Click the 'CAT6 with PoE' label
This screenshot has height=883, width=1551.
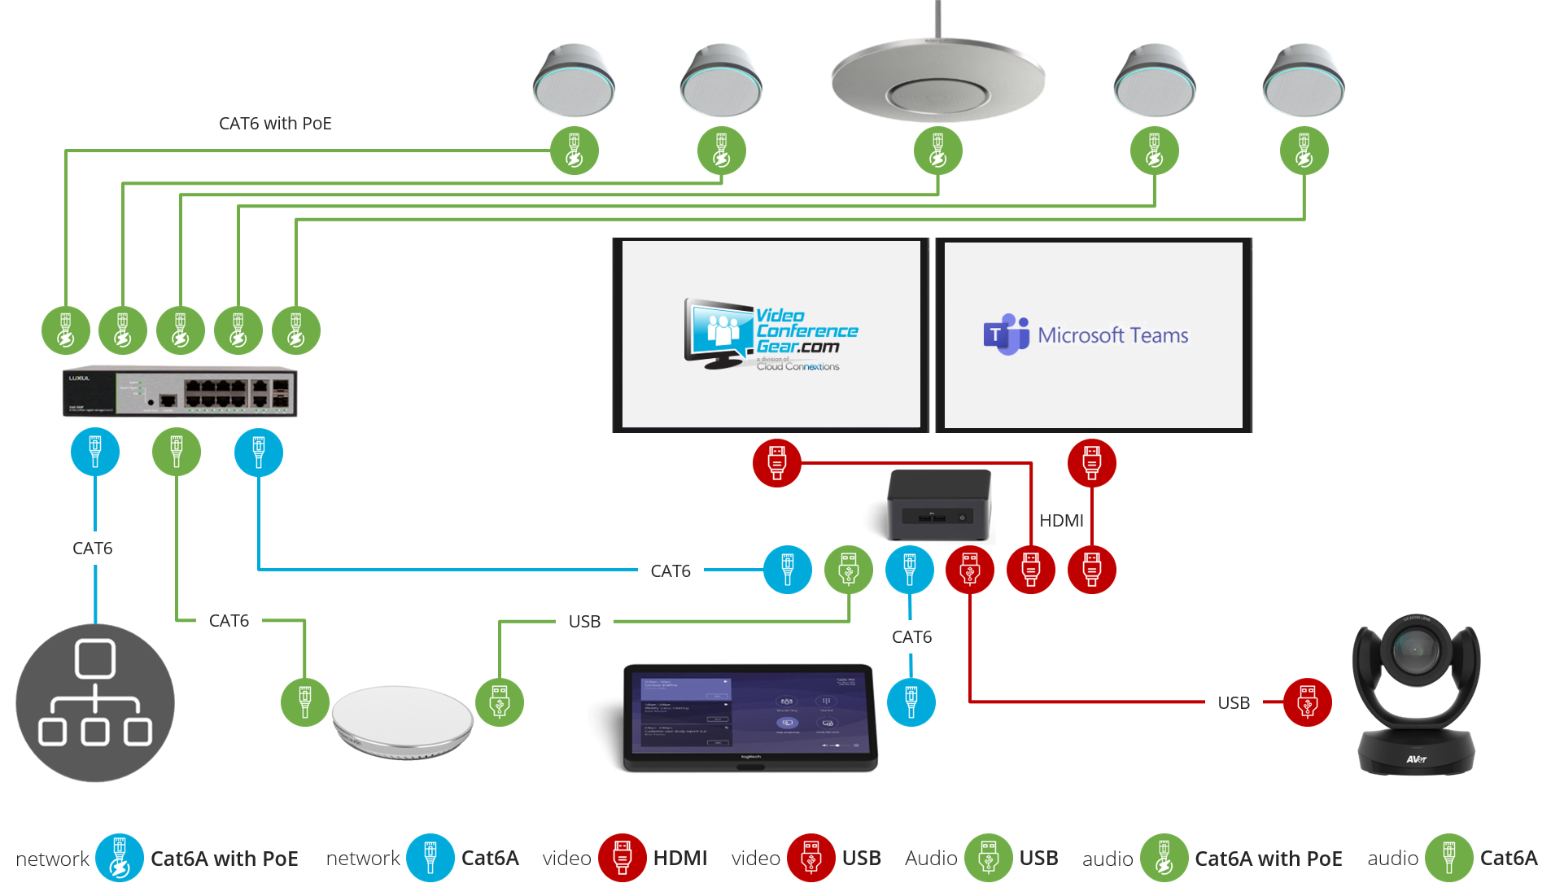click(275, 124)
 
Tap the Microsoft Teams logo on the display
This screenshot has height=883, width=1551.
click(1086, 334)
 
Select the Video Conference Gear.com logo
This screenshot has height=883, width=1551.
click(771, 334)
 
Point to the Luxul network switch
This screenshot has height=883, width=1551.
click(180, 392)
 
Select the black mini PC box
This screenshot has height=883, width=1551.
click(940, 505)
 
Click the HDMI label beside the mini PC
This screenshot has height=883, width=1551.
click(1061, 521)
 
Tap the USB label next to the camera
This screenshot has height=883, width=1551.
click(1234, 703)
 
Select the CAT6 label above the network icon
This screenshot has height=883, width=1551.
click(93, 549)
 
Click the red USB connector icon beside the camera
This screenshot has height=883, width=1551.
click(1307, 702)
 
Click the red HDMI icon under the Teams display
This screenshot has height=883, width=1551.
click(1091, 462)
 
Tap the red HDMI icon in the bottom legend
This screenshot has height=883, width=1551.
click(622, 858)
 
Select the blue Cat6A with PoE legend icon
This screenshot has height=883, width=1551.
click(119, 858)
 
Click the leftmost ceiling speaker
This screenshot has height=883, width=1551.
click(574, 81)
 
